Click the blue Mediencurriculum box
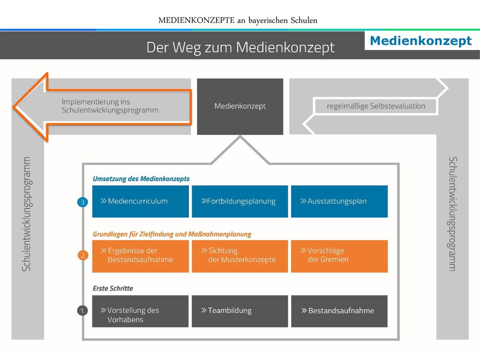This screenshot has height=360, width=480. pyautogui.click(x=141, y=202)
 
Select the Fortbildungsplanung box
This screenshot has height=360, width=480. pyautogui.click(x=240, y=202)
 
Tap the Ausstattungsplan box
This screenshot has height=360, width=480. pyautogui.click(x=339, y=202)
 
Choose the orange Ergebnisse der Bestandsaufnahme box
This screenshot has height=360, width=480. pyautogui.click(x=141, y=256)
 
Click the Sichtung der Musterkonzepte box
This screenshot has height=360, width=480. pyautogui.click(x=240, y=256)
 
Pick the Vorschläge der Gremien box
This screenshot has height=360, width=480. pyautogui.click(x=339, y=256)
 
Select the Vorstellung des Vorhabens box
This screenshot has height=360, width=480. pyautogui.click(x=141, y=311)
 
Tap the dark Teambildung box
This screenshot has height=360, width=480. pyautogui.click(x=240, y=311)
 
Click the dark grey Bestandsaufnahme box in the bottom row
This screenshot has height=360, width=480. pyautogui.click(x=339, y=311)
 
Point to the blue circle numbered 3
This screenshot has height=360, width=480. pyautogui.click(x=82, y=202)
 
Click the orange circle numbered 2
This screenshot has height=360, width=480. pyautogui.click(x=83, y=255)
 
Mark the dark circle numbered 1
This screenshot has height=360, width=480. pyautogui.click(x=82, y=311)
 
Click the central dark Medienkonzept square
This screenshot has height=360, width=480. pyautogui.click(x=240, y=106)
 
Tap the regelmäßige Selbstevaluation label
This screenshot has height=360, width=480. pyautogui.click(x=376, y=106)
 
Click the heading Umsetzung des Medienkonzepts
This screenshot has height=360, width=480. pyautogui.click(x=141, y=179)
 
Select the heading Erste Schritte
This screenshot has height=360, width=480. pyautogui.click(x=113, y=288)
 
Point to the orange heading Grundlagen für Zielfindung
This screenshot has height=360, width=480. pyautogui.click(x=172, y=234)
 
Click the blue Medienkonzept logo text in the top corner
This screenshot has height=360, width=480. pyautogui.click(x=421, y=41)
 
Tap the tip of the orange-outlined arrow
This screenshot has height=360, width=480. pyautogui.click(x=14, y=107)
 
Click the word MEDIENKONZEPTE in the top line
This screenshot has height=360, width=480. pyautogui.click(x=196, y=20)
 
